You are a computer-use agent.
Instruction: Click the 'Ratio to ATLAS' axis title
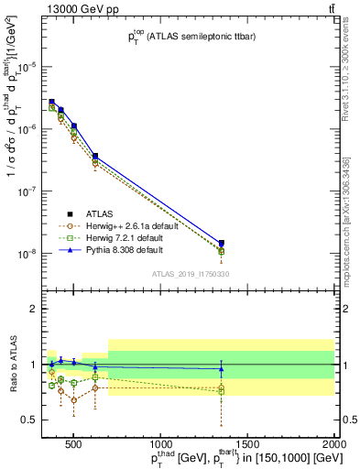tap(12, 364)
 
